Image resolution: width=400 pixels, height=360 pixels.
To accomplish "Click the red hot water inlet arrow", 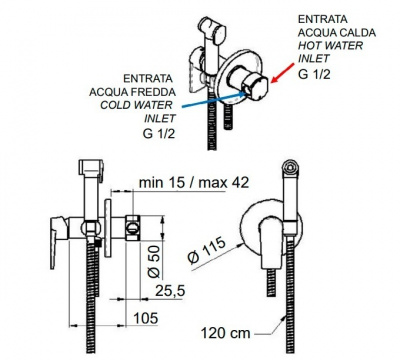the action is [x=283, y=73].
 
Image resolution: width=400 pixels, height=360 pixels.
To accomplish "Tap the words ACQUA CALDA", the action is [x=337, y=33].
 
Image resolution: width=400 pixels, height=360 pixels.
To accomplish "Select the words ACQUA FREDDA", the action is [x=132, y=92].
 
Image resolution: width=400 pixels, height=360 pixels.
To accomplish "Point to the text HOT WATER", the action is [x=330, y=45].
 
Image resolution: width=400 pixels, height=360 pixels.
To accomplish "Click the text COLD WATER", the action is [x=137, y=105].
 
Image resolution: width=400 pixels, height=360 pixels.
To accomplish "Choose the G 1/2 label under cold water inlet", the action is [x=159, y=133].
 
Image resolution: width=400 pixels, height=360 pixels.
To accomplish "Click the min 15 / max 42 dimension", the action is [x=194, y=182].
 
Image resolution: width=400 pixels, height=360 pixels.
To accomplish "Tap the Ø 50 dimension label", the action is [x=154, y=261].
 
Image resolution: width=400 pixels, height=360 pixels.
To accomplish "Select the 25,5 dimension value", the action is [x=170, y=291].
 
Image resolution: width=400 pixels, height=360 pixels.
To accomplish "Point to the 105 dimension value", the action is [x=146, y=318].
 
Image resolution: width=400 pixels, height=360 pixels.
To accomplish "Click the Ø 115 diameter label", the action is [x=207, y=251].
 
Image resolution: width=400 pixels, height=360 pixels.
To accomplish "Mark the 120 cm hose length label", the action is [x=225, y=333].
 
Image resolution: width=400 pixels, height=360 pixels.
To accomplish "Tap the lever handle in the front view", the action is [x=271, y=242].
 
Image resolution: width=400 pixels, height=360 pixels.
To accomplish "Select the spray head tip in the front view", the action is [x=292, y=167].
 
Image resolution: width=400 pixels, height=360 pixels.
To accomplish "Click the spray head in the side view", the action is [x=91, y=168].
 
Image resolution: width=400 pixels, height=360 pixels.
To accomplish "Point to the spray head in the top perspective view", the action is [x=212, y=31].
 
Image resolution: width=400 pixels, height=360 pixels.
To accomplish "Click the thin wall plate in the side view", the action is [x=108, y=228].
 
